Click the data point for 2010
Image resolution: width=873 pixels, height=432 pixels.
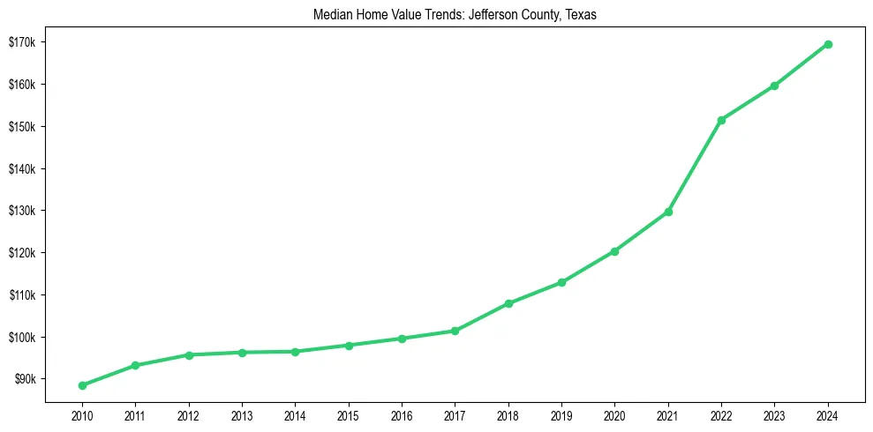click(x=82, y=385)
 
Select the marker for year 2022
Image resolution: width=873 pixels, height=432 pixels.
click(x=721, y=120)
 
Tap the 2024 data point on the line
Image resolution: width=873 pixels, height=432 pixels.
click(x=828, y=44)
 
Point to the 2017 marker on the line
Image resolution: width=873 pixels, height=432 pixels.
click(x=455, y=331)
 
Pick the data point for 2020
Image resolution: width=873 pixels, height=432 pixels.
click(x=614, y=251)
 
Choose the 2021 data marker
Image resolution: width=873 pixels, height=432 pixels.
click(x=668, y=212)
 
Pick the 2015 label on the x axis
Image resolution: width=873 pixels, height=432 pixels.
click(x=349, y=414)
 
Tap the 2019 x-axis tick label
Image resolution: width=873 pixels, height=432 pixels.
click(x=561, y=414)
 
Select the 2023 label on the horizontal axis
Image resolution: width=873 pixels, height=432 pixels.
click(x=774, y=414)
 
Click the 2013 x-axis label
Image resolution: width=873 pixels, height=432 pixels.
click(x=242, y=414)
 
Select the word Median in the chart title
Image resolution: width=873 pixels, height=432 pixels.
click(x=332, y=15)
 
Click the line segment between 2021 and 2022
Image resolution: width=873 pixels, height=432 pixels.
click(x=695, y=166)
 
